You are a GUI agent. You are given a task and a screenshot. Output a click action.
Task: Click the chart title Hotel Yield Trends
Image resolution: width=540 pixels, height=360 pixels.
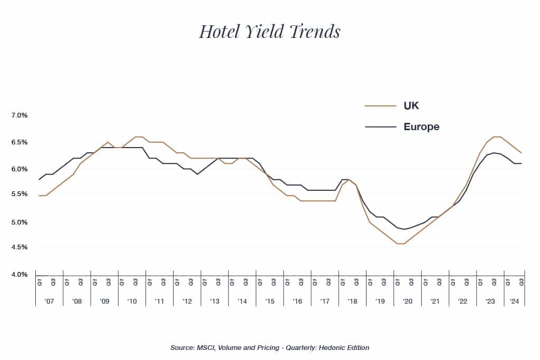tap(269, 31)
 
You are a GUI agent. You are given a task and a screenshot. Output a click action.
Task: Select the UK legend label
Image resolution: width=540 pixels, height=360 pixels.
tap(411, 106)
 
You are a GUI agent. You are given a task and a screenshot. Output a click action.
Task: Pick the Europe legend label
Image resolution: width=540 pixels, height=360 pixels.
tap(421, 127)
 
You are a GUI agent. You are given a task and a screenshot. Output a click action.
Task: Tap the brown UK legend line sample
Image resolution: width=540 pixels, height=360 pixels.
tap(380, 106)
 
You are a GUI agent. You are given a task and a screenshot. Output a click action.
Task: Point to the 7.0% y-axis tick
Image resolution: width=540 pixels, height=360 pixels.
tap(18, 115)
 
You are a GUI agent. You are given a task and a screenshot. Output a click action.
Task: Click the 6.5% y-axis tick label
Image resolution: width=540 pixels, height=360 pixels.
tap(18, 142)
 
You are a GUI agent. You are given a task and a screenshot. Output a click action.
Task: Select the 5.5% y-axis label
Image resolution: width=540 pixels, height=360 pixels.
tap(18, 194)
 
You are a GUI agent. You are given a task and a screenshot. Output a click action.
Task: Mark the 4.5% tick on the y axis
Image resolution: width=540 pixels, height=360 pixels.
tap(18, 247)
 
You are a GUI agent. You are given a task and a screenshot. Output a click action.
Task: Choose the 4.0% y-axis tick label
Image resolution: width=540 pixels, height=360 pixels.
tap(18, 275)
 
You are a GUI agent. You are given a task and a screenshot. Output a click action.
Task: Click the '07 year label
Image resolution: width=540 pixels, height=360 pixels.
tap(49, 301)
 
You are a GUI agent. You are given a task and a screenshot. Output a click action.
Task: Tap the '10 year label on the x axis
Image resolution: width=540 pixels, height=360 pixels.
tap(132, 301)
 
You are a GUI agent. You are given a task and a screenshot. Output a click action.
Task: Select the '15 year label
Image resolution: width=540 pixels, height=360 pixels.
tap(269, 301)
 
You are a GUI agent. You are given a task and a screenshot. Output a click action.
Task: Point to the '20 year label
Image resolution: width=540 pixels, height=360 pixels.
tap(407, 301)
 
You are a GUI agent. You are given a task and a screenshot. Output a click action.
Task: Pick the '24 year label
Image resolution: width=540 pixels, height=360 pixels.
tap(513, 301)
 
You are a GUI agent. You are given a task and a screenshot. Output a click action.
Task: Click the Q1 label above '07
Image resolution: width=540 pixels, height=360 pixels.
tap(40, 282)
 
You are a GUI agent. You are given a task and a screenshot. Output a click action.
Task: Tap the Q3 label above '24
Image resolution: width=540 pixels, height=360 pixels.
tap(522, 282)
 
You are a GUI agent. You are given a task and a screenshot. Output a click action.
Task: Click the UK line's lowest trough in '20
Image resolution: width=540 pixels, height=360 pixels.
tap(401, 244)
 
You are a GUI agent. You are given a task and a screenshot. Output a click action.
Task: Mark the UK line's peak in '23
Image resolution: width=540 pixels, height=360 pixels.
tap(497, 137)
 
